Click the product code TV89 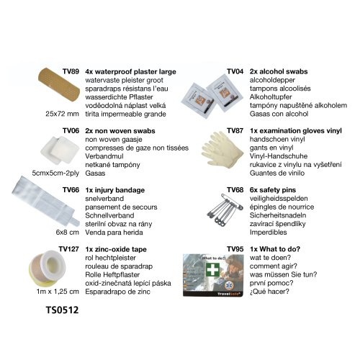pos(71,71)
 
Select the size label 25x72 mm pos(62,114)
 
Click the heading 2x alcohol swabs pos(279,71)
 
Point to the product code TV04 pos(235,71)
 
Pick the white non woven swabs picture pos(60,150)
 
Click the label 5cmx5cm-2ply pos(55,173)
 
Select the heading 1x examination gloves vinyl pos(296,131)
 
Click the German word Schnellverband pos(109,215)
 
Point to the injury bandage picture pos(45,201)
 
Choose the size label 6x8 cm pos(68,233)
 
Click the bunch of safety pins pos(225,210)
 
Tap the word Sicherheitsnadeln pos(278,215)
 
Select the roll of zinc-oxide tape pos(48,268)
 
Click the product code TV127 pos(68,249)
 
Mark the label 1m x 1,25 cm pos(58,292)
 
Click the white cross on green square pos(212,269)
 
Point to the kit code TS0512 pos(62,310)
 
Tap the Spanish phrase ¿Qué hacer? pos(269,292)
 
